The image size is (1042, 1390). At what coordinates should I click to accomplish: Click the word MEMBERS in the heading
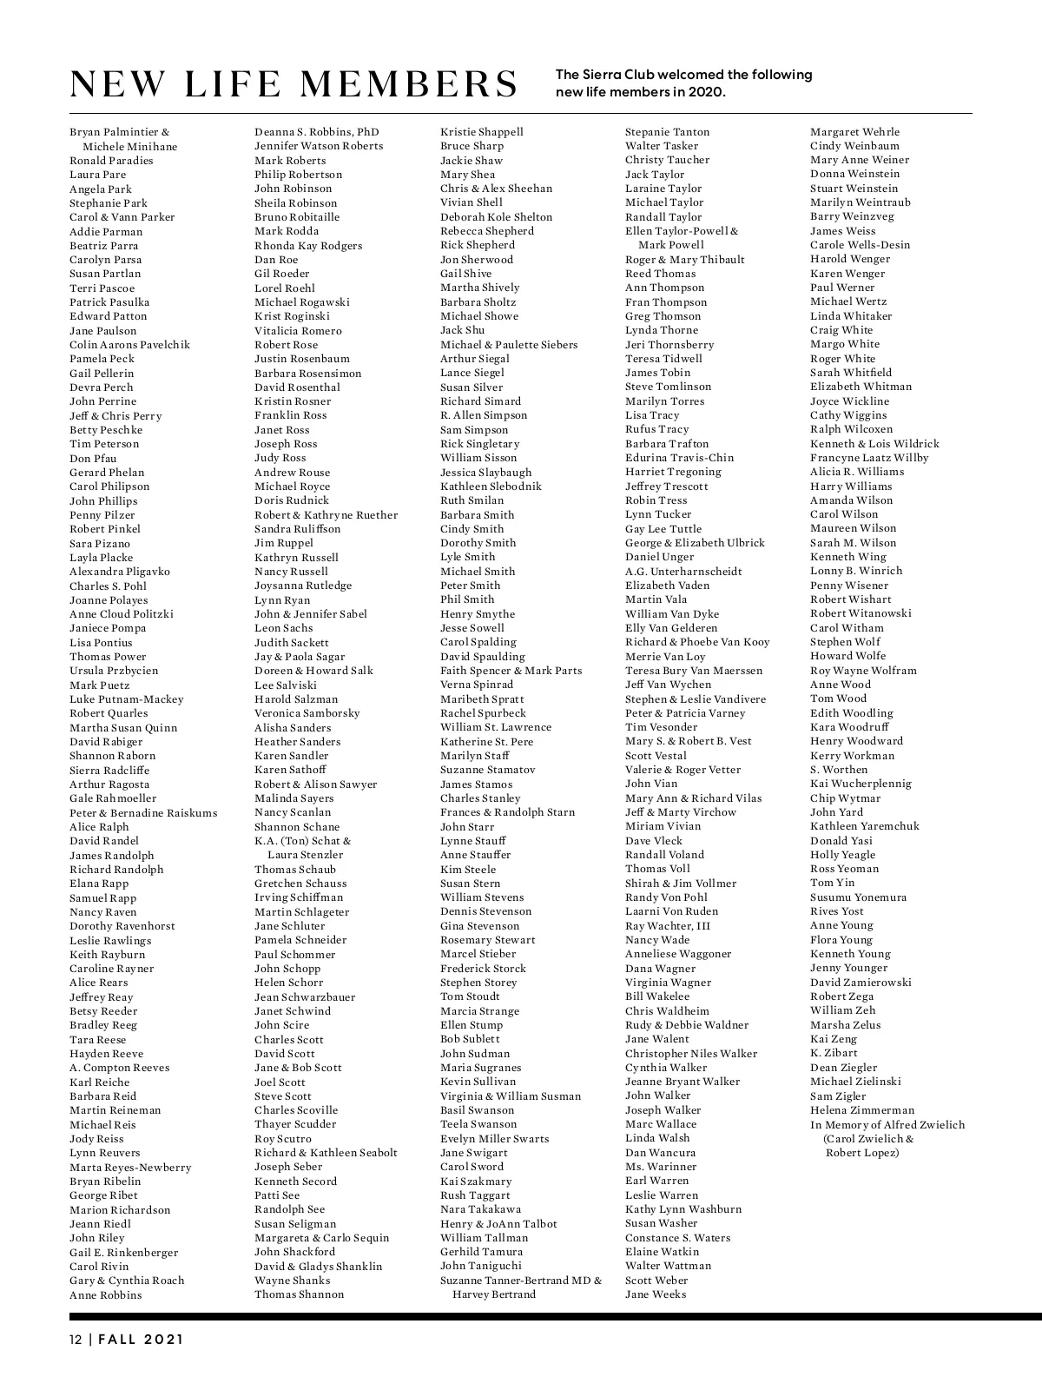(x=407, y=84)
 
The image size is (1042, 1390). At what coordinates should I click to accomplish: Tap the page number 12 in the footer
(x=76, y=1340)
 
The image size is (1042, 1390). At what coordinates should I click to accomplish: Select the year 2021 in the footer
(x=164, y=1340)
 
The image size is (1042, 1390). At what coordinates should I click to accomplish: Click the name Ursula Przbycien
(x=114, y=671)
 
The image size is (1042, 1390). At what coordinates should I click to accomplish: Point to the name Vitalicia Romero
(x=298, y=331)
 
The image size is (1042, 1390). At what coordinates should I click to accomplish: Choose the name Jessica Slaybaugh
(x=485, y=473)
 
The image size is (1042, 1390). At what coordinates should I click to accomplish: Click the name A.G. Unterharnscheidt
(x=683, y=572)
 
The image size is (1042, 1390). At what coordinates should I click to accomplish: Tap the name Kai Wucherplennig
(x=861, y=784)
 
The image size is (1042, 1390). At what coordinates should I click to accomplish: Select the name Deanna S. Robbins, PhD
(x=316, y=132)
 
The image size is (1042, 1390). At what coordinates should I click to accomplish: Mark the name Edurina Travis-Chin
(x=679, y=458)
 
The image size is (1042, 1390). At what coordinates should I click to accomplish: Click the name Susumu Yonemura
(x=858, y=897)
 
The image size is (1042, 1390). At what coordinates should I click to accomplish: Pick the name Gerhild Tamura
(x=481, y=1252)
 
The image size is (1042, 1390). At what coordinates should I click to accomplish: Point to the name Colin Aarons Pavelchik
(x=129, y=345)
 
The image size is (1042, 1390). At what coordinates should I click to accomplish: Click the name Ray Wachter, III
(x=667, y=926)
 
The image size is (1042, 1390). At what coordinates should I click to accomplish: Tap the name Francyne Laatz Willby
(x=869, y=458)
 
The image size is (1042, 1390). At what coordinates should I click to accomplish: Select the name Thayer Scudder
(x=295, y=1124)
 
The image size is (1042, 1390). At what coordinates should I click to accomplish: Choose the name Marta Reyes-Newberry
(x=130, y=1168)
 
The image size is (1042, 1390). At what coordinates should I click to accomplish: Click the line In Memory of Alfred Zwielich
(x=887, y=1125)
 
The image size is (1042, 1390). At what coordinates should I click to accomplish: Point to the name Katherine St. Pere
(x=486, y=742)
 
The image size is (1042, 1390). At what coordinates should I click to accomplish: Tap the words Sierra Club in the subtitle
(x=613, y=75)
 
